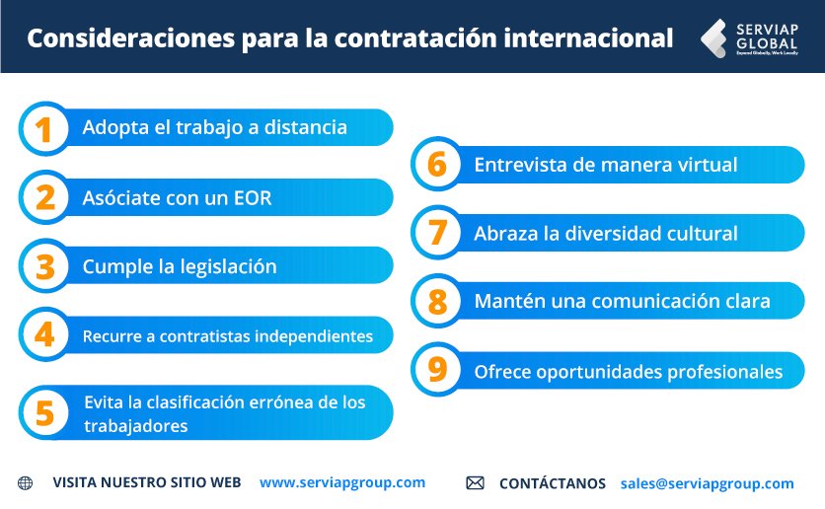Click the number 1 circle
point(44,128)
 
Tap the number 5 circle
point(44,412)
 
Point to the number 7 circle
point(436,233)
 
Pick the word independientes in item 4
point(314,336)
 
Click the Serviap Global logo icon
point(715,37)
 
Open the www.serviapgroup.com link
point(342,482)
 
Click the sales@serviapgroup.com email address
point(707,483)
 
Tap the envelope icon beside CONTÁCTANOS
point(475,483)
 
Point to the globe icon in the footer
point(26,483)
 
